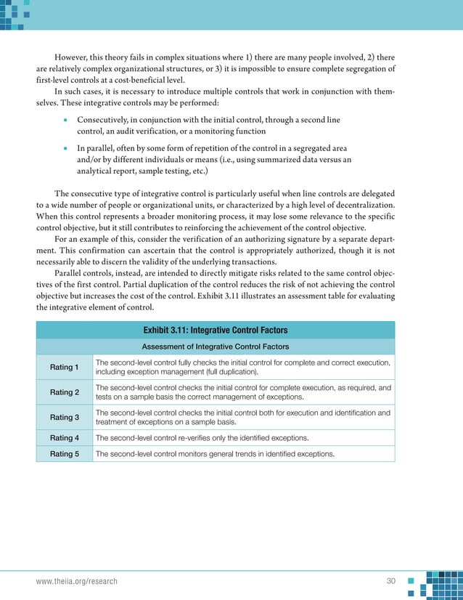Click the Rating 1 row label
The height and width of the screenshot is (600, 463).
(x=65, y=368)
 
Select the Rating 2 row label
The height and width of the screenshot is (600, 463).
(x=65, y=392)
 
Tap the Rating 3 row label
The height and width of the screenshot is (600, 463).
(x=65, y=417)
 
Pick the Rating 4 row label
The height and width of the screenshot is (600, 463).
(x=65, y=438)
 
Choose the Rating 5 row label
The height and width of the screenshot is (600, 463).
(x=65, y=454)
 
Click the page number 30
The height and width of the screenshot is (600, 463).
(x=393, y=582)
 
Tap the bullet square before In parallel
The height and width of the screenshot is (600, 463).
(x=65, y=147)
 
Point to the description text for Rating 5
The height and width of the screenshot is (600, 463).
(x=215, y=454)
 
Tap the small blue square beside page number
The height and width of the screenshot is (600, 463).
(x=411, y=581)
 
